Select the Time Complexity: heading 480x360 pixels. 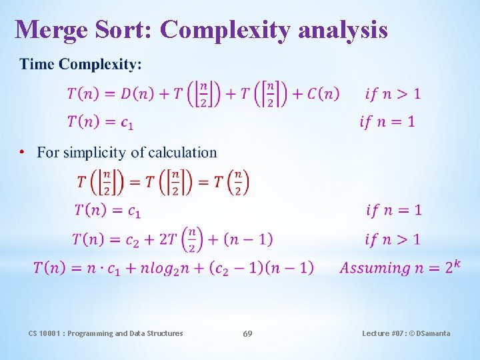[x=81, y=65]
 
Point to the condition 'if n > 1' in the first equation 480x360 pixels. [x=393, y=94]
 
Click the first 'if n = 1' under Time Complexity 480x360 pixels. [x=387, y=121]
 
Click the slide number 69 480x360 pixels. [x=247, y=333]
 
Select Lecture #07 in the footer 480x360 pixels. [x=383, y=333]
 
